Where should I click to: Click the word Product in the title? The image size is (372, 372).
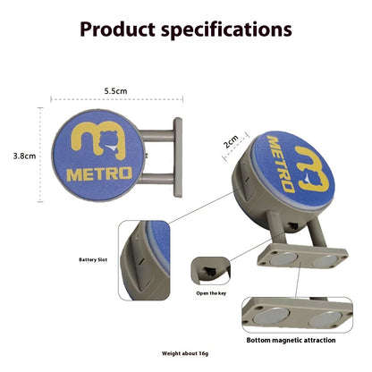(117, 30)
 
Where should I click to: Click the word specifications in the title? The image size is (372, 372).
(226, 30)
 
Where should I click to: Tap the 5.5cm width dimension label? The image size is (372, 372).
(115, 91)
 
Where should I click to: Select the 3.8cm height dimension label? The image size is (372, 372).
(24, 156)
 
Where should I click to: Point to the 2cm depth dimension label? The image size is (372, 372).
(232, 141)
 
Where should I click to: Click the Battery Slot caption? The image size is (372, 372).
(93, 259)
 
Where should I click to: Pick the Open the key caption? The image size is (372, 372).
(211, 293)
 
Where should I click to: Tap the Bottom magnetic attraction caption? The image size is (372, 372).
(291, 340)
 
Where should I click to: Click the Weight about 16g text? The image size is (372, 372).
(185, 353)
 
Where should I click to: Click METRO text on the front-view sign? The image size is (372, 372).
(99, 174)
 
